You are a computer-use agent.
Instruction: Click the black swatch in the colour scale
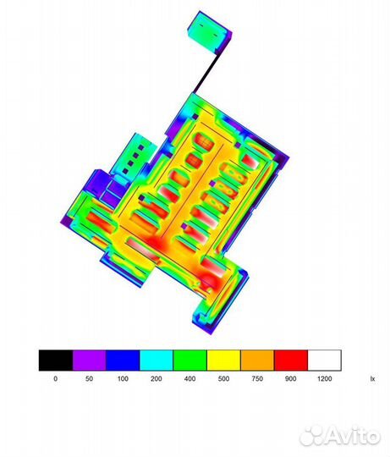click(56, 361)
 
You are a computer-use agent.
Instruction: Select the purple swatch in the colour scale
click(89, 361)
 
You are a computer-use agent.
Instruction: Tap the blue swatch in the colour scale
click(123, 361)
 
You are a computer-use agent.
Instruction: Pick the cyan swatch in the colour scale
click(157, 361)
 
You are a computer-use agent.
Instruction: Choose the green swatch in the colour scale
click(190, 361)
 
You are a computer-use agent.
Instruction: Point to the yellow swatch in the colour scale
click(223, 361)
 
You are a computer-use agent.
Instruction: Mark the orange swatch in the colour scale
click(257, 361)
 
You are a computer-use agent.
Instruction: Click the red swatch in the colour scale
click(291, 361)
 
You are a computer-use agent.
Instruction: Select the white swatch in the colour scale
click(325, 361)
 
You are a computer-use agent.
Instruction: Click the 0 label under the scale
click(55, 378)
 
